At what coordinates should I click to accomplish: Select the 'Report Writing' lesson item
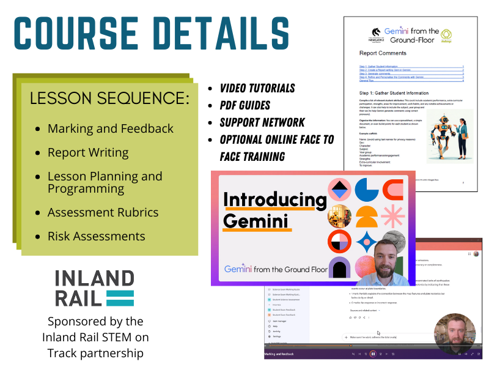pos(88,152)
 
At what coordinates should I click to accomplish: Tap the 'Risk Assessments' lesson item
pos(96,236)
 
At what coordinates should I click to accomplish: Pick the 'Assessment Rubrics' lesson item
pos(103,212)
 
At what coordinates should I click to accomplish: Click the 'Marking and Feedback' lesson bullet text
pos(111,128)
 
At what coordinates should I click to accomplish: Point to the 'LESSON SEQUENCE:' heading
pos(109,98)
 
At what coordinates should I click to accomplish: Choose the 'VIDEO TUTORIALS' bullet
pos(257,88)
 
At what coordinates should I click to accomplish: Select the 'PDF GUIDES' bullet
pos(244,105)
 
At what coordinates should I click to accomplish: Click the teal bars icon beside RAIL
pos(120,298)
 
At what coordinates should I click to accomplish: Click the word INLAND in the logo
pos(94,279)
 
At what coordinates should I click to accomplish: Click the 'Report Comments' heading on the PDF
pos(383,53)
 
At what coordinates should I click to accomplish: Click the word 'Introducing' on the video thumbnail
pos(274,199)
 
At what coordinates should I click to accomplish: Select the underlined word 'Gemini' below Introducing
pos(255,221)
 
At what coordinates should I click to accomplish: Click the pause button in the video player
pos(373,354)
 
